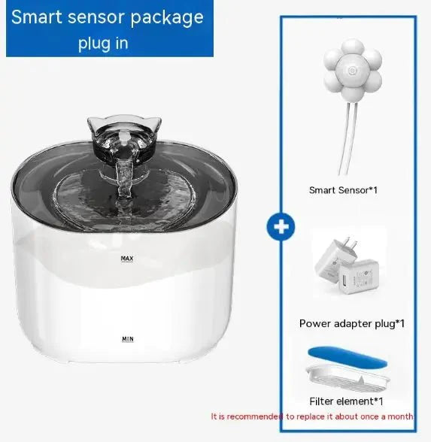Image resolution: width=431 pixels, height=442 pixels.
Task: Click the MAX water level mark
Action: [126, 259]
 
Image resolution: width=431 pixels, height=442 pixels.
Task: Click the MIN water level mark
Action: [127, 339]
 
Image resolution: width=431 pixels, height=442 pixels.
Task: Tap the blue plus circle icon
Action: [280, 227]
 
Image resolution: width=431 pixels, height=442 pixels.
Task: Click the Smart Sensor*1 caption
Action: [343, 190]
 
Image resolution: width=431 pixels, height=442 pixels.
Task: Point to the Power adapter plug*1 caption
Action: [352, 324]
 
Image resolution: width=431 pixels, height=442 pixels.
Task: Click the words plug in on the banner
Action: [103, 44]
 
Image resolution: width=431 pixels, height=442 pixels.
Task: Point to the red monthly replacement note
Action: [311, 415]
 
